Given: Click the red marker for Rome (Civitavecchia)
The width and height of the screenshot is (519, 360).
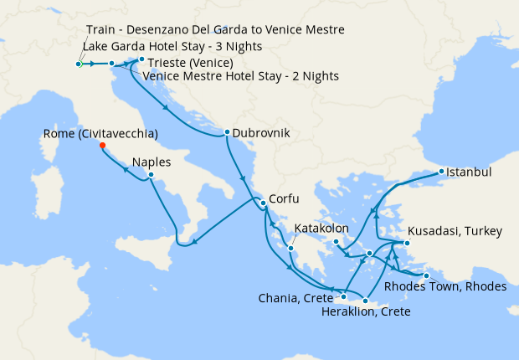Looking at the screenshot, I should click(102, 145).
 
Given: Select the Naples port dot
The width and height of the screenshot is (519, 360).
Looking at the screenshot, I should click(151, 175).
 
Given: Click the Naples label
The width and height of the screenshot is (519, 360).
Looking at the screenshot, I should click(152, 163).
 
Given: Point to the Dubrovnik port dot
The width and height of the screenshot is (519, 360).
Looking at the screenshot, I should click(226, 132).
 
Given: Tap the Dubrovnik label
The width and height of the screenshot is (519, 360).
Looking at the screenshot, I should click(263, 132).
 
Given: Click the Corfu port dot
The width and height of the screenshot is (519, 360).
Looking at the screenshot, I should click(262, 203).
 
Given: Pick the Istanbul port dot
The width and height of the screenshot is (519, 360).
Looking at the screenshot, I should click(441, 172).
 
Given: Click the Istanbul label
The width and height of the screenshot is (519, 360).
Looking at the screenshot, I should click(470, 172).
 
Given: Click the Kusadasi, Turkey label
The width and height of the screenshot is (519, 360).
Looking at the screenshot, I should click(454, 231).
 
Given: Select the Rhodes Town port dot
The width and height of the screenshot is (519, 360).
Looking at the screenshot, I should click(426, 275).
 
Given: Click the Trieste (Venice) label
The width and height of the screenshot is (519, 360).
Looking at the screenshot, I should click(190, 63).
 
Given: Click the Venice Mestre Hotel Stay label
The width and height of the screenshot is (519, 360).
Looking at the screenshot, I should click(241, 76).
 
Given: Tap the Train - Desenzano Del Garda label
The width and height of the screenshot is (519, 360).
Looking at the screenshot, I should click(215, 31).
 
